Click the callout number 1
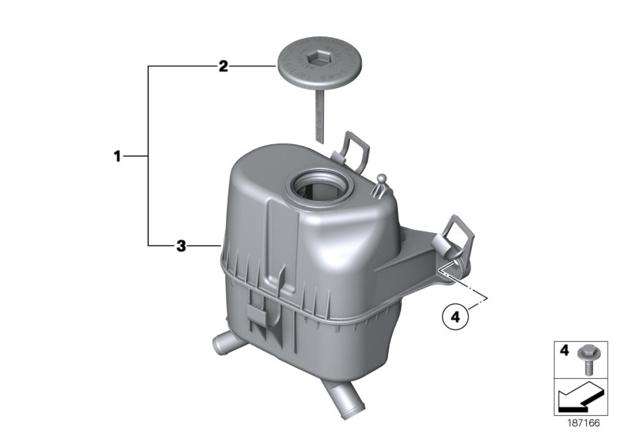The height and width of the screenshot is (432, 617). [x=117, y=157]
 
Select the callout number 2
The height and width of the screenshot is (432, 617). [x=223, y=67]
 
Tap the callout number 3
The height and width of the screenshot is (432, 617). [x=180, y=246]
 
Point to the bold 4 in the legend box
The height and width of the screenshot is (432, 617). [x=564, y=351]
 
